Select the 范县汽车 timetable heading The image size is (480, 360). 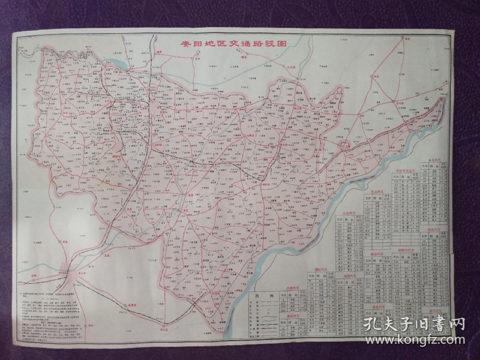(x=377, y=192)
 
